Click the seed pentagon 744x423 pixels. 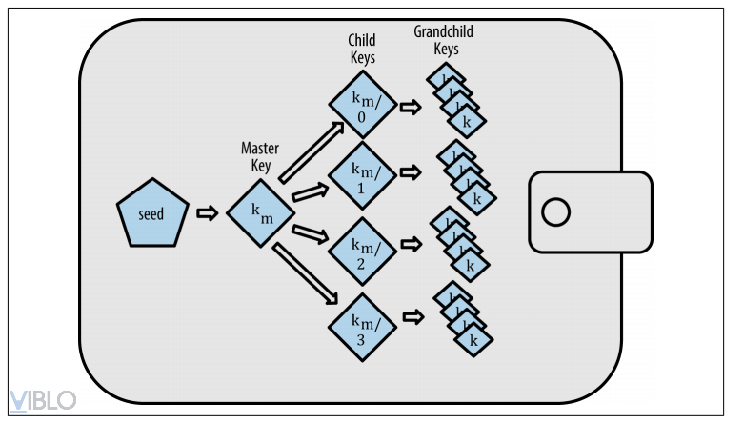click(x=150, y=213)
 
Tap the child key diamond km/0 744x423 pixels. click(x=360, y=106)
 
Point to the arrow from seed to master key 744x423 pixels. click(x=206, y=213)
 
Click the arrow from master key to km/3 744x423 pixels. click(x=307, y=274)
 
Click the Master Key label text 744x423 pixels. click(x=259, y=157)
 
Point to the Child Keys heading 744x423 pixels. click(x=361, y=49)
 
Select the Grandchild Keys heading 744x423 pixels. click(x=443, y=40)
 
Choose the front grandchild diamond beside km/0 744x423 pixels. click(x=467, y=121)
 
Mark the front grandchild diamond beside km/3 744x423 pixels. click(x=473, y=338)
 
